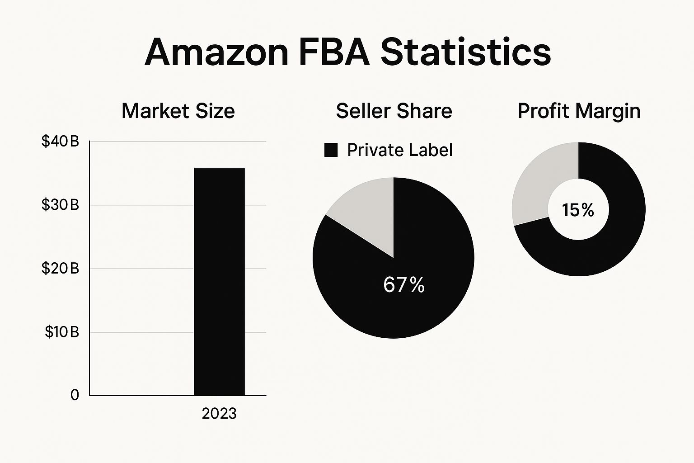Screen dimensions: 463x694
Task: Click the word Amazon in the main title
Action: click(x=216, y=52)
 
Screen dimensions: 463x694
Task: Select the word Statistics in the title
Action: click(x=465, y=52)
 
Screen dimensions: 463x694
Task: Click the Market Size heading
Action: click(x=178, y=111)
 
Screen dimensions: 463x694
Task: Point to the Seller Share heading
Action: click(x=394, y=111)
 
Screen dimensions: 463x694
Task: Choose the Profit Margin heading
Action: click(x=579, y=111)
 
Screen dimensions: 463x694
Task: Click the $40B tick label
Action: click(x=60, y=142)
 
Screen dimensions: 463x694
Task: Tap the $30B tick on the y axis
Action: click(x=60, y=205)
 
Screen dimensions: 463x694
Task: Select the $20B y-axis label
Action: click(x=60, y=269)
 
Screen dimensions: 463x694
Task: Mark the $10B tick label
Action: click(x=61, y=332)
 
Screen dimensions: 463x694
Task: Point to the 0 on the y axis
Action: click(x=75, y=395)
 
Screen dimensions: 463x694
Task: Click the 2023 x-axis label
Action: click(x=219, y=414)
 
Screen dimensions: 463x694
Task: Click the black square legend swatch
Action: click(x=331, y=150)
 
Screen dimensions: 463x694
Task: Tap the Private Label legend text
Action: click(x=399, y=150)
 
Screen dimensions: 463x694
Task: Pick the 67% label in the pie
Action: click(x=404, y=285)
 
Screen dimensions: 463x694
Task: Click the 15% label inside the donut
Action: click(x=578, y=210)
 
